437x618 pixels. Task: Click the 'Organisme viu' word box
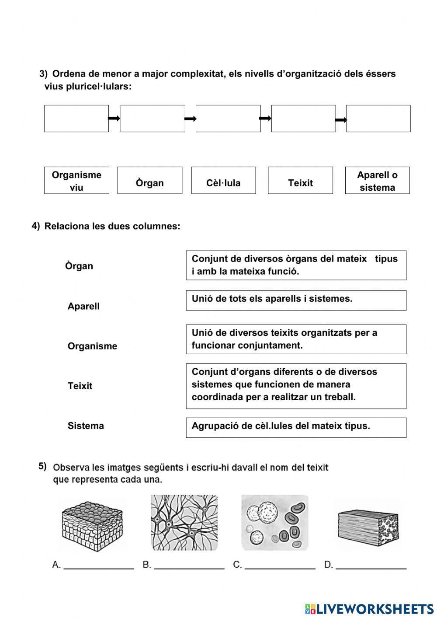coord(76,181)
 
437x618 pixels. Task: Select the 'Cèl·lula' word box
coord(223,181)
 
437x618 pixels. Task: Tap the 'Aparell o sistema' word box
coord(377,181)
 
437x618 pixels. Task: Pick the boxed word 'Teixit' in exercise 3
coord(300,181)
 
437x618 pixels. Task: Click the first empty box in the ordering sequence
coord(76,119)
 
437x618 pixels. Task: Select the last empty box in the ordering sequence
coord(378,119)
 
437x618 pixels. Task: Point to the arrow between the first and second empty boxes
coord(114,118)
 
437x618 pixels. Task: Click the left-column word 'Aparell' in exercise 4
coord(83,306)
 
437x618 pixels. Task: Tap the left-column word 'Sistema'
coord(86,426)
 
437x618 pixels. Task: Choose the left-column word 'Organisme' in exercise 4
coord(92,346)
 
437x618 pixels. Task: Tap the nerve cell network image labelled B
coord(184,523)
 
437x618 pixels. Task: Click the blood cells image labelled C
coord(274,523)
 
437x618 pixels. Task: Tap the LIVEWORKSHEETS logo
coord(369,608)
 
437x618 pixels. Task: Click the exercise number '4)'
coord(36,226)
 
